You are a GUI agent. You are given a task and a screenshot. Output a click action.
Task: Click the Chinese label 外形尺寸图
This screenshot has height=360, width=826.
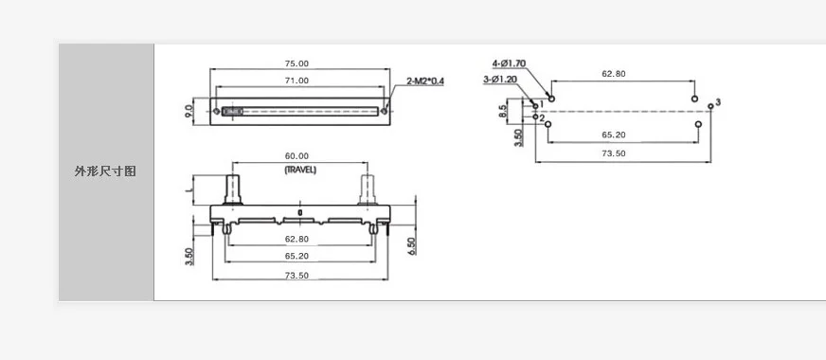pyautogui.click(x=106, y=171)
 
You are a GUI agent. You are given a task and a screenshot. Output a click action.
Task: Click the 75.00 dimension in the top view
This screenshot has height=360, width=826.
pyautogui.click(x=297, y=63)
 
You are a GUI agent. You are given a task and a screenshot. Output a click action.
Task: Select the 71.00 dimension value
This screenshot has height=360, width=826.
pyautogui.click(x=297, y=81)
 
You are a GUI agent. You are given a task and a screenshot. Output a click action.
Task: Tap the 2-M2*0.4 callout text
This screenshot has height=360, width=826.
pyautogui.click(x=425, y=81)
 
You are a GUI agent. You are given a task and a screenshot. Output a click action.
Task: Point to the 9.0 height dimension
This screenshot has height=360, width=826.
pyautogui.click(x=189, y=110)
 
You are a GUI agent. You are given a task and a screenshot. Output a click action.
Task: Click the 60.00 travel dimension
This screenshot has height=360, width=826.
pyautogui.click(x=297, y=155)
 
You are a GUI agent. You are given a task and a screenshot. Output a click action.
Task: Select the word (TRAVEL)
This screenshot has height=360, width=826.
pyautogui.click(x=299, y=169)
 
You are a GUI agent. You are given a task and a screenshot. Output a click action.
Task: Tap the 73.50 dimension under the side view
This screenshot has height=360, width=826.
pyautogui.click(x=297, y=275)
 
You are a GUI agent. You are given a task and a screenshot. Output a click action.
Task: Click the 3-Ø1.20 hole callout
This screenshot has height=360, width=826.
pyautogui.click(x=499, y=80)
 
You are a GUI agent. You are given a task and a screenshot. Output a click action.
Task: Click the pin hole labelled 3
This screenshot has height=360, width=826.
pyautogui.click(x=710, y=106)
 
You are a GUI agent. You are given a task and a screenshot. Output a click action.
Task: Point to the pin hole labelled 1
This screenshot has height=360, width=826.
pyautogui.click(x=535, y=105)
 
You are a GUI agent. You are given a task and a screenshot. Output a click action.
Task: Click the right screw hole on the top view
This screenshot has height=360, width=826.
pyautogui.click(x=385, y=111)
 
